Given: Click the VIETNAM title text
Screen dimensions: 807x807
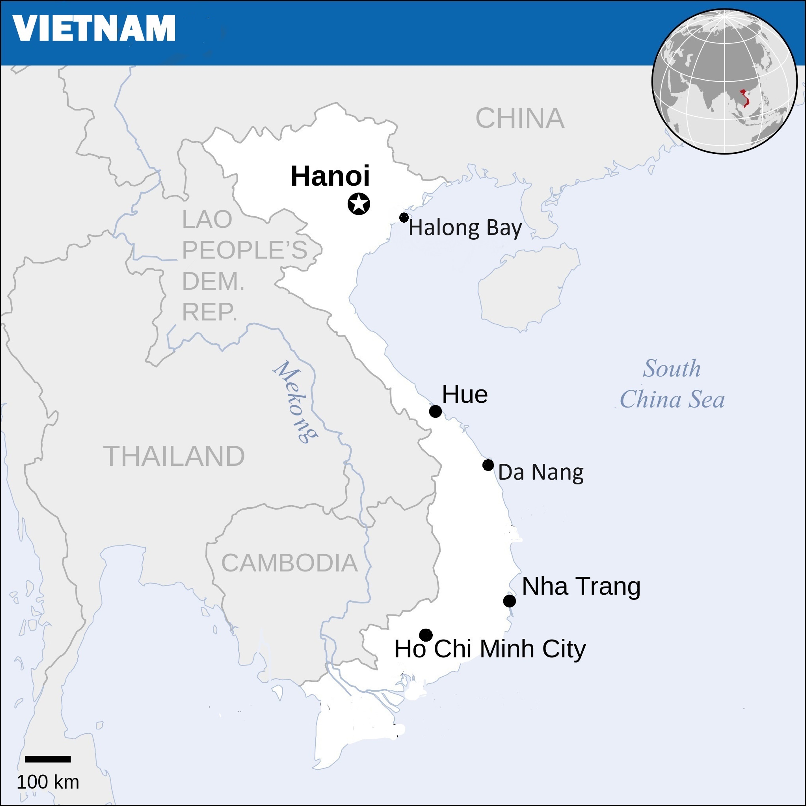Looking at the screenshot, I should click(94, 28).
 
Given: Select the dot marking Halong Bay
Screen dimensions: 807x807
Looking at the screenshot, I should click(403, 217).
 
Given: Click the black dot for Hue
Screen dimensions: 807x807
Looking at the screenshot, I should click(435, 411).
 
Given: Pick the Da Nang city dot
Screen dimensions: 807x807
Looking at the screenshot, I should click(488, 465).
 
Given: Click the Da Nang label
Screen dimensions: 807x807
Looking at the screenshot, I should click(541, 472).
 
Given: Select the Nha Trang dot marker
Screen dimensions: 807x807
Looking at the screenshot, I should click(509, 601).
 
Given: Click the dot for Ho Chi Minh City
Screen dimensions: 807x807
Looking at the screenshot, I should click(426, 635).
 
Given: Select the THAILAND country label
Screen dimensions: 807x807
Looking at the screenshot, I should click(174, 456).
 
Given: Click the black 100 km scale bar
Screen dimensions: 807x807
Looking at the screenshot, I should click(48, 759).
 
